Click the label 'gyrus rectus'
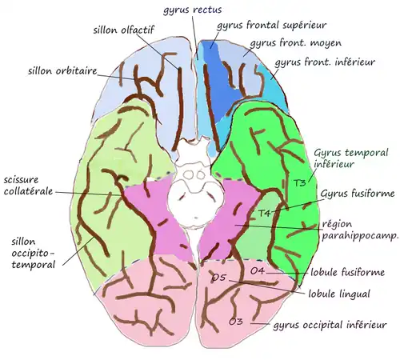click(194, 9)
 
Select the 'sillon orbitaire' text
click(62, 71)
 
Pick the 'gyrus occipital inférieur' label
click(329, 326)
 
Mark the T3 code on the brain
click(300, 183)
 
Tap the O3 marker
click(235, 322)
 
